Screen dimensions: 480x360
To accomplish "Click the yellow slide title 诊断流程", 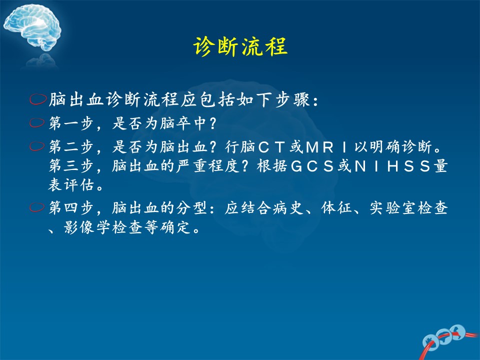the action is point(240,46).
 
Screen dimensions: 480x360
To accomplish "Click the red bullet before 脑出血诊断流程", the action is point(38,99).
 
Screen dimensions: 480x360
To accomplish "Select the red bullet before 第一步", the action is point(37,123).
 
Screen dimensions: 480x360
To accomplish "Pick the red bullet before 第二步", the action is point(37,146).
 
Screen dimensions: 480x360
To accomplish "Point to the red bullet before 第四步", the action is point(37,207).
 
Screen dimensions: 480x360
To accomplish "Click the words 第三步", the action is point(71,166).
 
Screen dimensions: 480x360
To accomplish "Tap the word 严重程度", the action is point(207,166).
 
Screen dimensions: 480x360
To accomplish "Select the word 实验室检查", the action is point(408,208).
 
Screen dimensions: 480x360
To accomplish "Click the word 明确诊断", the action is point(400,147).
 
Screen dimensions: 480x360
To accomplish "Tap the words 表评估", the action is point(71,185).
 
